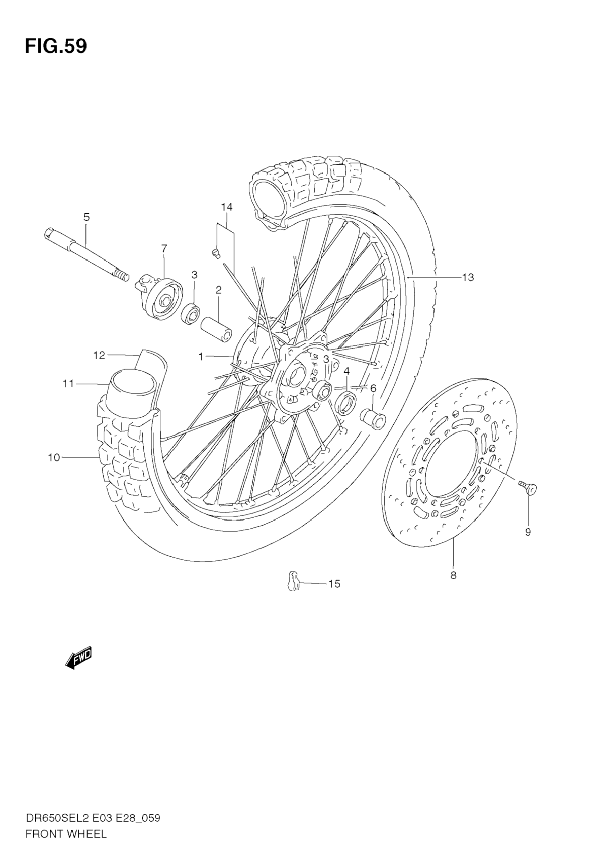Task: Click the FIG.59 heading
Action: tap(56, 47)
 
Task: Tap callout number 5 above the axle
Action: tap(86, 217)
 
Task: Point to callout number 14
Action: tap(227, 207)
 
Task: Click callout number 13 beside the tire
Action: tap(468, 277)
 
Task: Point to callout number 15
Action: tap(334, 584)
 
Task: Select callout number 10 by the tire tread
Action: tap(54, 457)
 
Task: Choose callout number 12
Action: tap(99, 355)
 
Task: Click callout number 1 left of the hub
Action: tap(201, 357)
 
